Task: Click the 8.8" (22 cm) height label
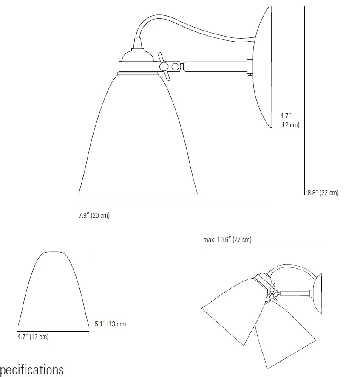[323, 193]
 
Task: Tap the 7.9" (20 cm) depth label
[94, 215]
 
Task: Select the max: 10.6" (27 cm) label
[227, 240]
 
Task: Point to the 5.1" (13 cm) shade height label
[110, 324]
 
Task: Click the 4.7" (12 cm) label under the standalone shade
[33, 337]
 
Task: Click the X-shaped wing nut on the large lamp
[163, 66]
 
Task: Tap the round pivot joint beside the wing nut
[175, 66]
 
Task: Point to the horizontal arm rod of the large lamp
[215, 66]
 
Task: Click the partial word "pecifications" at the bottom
[32, 369]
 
